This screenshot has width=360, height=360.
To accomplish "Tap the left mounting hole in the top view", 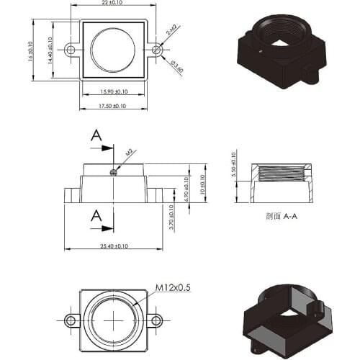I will (71, 50).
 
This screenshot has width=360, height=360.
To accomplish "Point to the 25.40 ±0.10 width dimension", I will (114, 246).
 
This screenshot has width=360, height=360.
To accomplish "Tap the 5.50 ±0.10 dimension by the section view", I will (233, 164).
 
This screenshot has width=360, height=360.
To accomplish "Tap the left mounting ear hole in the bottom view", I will (71, 319).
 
